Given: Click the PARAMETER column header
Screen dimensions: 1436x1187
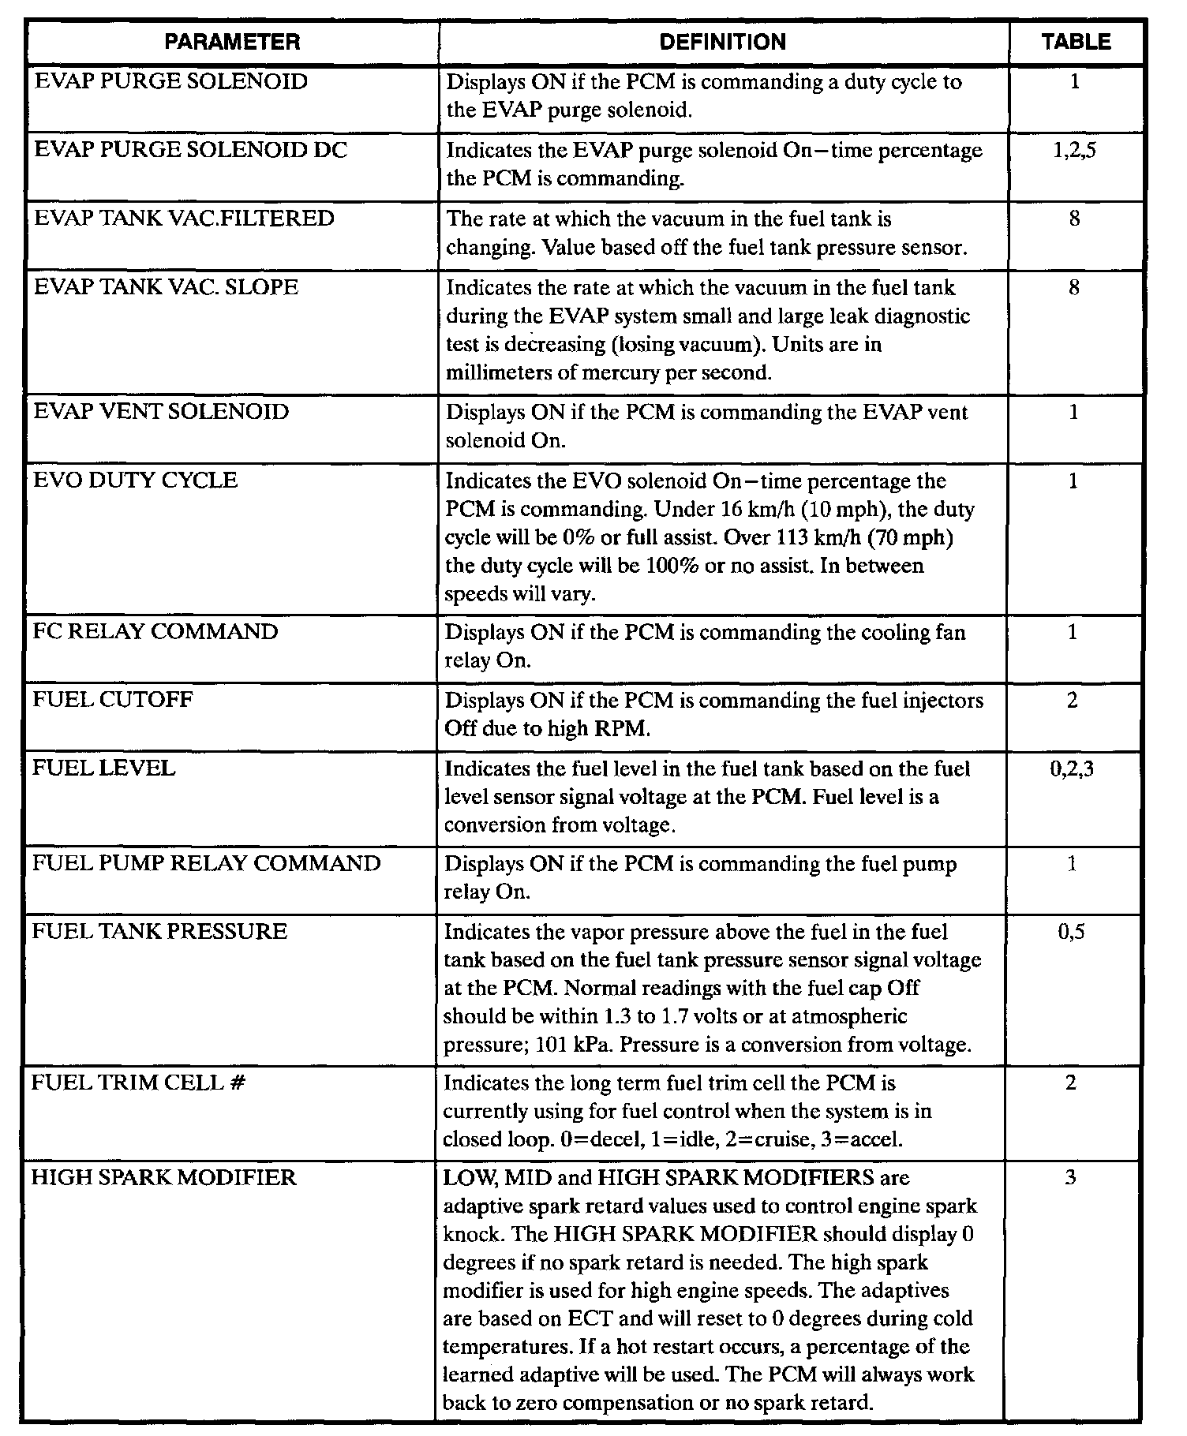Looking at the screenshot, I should (232, 42).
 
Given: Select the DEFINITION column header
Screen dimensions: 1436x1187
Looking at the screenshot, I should (722, 42).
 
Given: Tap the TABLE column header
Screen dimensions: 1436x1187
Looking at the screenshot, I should (1076, 42).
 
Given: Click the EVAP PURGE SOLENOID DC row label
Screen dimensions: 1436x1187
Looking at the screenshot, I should (190, 150).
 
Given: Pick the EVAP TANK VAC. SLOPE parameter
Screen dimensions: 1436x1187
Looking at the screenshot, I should (166, 287).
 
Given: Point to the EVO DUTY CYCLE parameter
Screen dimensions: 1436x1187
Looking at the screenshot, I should (135, 481).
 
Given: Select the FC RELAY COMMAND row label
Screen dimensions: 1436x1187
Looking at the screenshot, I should (155, 632).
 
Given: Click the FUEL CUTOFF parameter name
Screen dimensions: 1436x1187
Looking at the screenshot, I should (112, 700).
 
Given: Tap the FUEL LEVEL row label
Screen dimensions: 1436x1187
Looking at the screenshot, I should (103, 768).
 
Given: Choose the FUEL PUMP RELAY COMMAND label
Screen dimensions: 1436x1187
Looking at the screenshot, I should (206, 863).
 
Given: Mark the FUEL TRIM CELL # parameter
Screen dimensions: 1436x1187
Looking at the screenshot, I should (138, 1083).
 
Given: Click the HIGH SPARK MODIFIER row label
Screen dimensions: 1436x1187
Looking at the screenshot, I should (163, 1178).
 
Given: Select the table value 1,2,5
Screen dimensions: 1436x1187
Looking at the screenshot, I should (1074, 150).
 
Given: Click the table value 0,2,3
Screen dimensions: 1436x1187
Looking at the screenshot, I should (1072, 768).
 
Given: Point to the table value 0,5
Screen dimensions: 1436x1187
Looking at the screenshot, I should (1071, 932).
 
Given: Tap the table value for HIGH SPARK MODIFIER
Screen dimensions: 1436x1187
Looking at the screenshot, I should (1070, 1178).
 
